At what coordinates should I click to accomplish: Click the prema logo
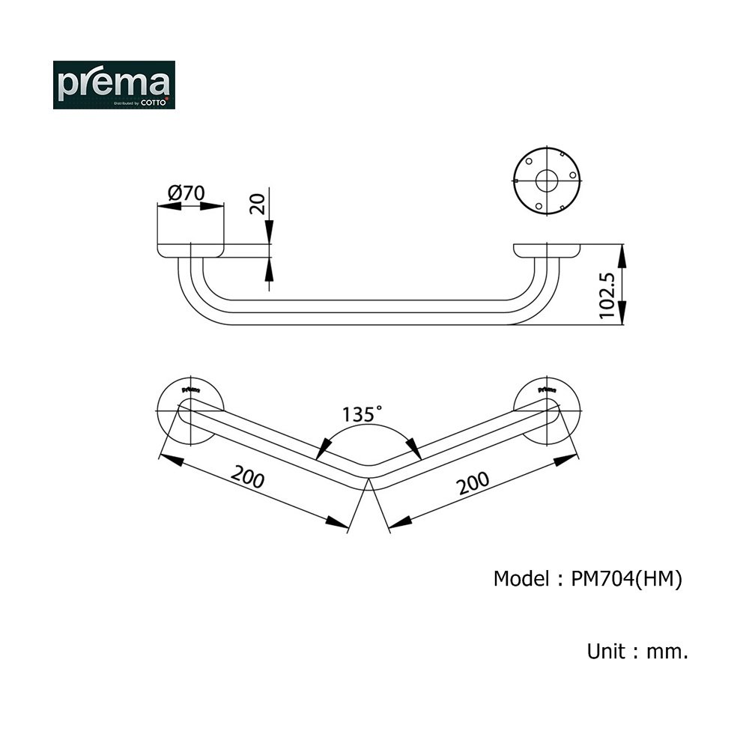[x=114, y=85]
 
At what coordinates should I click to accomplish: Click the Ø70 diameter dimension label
[x=187, y=193]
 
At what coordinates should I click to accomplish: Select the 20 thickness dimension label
[x=258, y=204]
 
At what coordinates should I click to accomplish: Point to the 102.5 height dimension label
[x=607, y=296]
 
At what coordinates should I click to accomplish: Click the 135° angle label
[x=362, y=413]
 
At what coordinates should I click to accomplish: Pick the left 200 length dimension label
[x=247, y=476]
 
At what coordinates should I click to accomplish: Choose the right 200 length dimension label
[x=473, y=483]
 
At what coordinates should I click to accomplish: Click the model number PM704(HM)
[x=627, y=579]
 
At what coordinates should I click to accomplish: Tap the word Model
[x=521, y=578]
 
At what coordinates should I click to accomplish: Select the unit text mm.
[x=667, y=652]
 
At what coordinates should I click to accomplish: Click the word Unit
[x=606, y=651]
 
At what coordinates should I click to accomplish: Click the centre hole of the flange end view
[x=547, y=181]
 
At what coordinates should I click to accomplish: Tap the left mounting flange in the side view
[x=190, y=251]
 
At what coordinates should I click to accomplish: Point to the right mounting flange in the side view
[x=547, y=251]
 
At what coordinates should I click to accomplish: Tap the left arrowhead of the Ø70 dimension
[x=169, y=207]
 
